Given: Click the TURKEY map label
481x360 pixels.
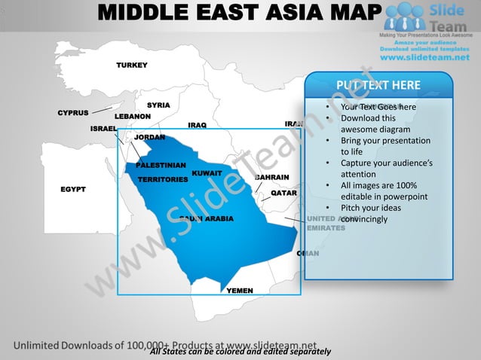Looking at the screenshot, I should pos(131,66).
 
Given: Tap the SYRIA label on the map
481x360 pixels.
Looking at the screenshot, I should pos(158,105).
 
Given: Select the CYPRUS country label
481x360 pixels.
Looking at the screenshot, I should pos(73,113).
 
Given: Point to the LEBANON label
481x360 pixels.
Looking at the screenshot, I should pos(133,117).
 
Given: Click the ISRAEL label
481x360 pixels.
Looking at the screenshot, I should pos(103,129).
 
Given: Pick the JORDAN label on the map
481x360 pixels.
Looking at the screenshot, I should pos(149,137).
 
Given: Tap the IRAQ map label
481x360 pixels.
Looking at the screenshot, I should pos(197,125).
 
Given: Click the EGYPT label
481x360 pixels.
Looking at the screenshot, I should pos(73,188).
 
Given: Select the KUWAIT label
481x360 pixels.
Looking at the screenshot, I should pos(207,173).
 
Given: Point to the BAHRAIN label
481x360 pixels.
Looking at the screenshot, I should pos(272,177).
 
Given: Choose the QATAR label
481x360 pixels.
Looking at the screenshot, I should pos(283,193).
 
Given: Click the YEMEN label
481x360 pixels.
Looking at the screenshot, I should pos(240,290).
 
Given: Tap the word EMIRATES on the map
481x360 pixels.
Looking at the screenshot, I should pos(326,227).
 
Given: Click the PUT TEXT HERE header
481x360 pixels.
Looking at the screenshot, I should pos(378,85).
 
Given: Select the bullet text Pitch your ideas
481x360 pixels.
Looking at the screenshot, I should pos(370,208).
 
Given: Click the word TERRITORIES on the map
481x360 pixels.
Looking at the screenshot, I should pos(162,180).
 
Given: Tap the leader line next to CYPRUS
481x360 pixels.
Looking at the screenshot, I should pos(103,111).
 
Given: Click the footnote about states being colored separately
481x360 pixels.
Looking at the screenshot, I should pos(240,352).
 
